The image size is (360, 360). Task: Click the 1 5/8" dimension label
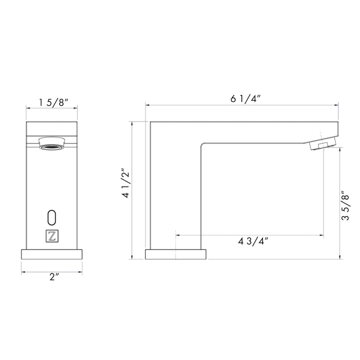click(x=53, y=102)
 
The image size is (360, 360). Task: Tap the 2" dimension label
click(x=54, y=277)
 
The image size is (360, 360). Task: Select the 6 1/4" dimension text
click(x=245, y=98)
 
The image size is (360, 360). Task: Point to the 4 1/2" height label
click(x=126, y=183)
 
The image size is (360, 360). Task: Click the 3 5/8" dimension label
click(x=345, y=205)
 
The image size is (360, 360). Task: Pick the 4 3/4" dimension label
click(x=253, y=241)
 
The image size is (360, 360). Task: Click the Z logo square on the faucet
click(x=52, y=236)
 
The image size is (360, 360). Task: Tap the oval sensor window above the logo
click(x=52, y=217)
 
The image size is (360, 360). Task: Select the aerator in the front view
click(x=52, y=143)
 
